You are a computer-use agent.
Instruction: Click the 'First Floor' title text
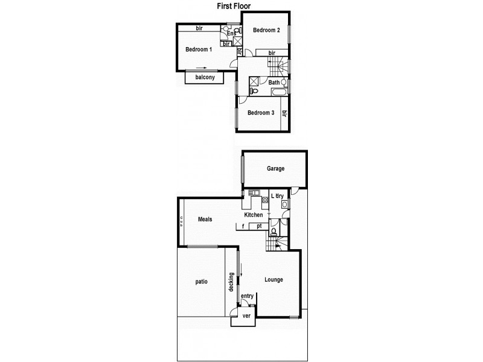click(234, 6)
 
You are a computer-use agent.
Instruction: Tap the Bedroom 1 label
click(198, 49)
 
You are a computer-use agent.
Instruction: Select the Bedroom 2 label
click(266, 30)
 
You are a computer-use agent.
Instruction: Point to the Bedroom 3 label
click(261, 113)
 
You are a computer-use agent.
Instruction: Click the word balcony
click(205, 78)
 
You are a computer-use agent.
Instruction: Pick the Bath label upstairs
click(274, 83)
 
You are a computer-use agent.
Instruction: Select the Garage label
click(276, 169)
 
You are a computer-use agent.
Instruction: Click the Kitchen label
click(253, 215)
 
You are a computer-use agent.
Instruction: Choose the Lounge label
click(273, 279)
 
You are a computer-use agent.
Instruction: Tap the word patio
click(201, 281)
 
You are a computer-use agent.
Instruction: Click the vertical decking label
click(231, 282)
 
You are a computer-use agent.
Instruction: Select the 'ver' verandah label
click(246, 316)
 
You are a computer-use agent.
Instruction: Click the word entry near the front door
click(247, 296)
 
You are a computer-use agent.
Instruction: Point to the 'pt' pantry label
click(259, 226)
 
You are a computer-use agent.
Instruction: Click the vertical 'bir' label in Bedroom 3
click(284, 113)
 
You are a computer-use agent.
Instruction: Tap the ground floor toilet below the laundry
click(274, 230)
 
